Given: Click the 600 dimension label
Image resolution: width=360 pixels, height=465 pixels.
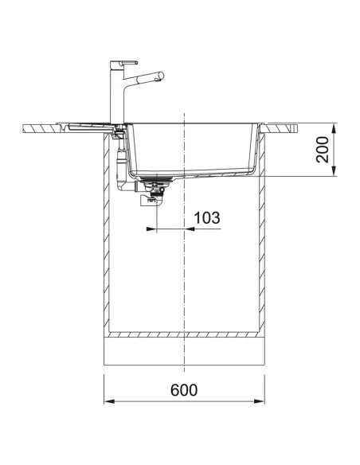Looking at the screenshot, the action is pos(183,389).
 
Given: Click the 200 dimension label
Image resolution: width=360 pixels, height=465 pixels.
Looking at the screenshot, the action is pos(323,149).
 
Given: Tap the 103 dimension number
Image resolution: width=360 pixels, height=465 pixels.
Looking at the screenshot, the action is pos(207,217).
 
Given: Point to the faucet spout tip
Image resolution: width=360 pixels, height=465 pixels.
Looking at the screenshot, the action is pos(162,76).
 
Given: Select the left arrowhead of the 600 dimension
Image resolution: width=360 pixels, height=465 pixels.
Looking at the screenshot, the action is pos(109,401).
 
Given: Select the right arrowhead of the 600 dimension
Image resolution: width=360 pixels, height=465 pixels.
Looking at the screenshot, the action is pos(259,401).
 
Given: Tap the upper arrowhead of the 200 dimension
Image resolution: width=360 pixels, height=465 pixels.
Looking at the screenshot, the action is pos(334,128).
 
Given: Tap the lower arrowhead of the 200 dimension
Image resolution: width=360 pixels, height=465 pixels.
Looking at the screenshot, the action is pos(334,171).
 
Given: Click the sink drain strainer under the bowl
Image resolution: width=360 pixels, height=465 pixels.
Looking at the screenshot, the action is pos(156,179).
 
